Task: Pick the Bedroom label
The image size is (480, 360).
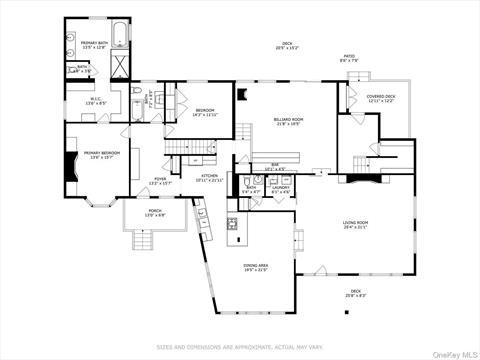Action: (204, 112)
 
